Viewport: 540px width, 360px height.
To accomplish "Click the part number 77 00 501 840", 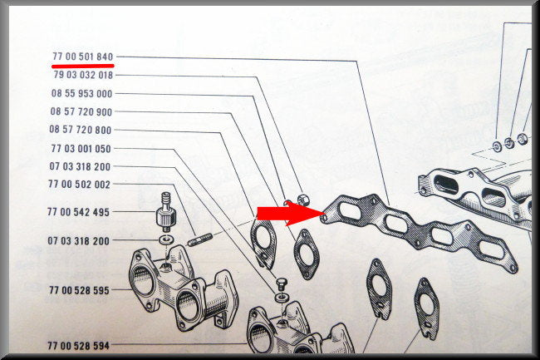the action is click(82, 57).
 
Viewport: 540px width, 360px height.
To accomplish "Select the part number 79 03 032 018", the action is click(83, 75).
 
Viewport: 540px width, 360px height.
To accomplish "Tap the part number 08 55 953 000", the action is click(82, 93).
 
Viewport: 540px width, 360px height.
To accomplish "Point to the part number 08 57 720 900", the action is click(81, 111).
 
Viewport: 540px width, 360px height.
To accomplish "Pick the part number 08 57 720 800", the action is click(81, 130).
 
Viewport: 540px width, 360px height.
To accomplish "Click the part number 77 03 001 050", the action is click(81, 149).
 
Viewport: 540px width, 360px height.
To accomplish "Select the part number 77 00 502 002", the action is click(79, 185).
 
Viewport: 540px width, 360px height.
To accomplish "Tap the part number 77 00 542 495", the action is click(79, 212).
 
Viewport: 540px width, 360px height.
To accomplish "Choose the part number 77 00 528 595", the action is click(79, 290).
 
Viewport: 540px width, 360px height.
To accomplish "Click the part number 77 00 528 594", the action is click(79, 345).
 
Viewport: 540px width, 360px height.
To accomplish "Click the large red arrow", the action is click(291, 214).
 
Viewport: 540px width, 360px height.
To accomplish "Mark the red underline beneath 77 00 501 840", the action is click(82, 65).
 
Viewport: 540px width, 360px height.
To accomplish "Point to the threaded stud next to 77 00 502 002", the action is click(199, 239).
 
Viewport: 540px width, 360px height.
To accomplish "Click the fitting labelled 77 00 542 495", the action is click(166, 212).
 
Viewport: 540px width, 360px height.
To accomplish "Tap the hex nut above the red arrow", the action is click(302, 200).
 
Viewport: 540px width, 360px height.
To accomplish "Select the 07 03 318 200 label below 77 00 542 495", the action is click(79, 240).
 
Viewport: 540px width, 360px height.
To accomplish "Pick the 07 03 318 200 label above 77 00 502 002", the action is click(80, 166).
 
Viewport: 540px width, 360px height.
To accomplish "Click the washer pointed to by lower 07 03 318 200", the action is click(167, 239).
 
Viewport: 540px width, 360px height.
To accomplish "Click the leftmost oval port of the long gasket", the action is click(350, 211).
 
